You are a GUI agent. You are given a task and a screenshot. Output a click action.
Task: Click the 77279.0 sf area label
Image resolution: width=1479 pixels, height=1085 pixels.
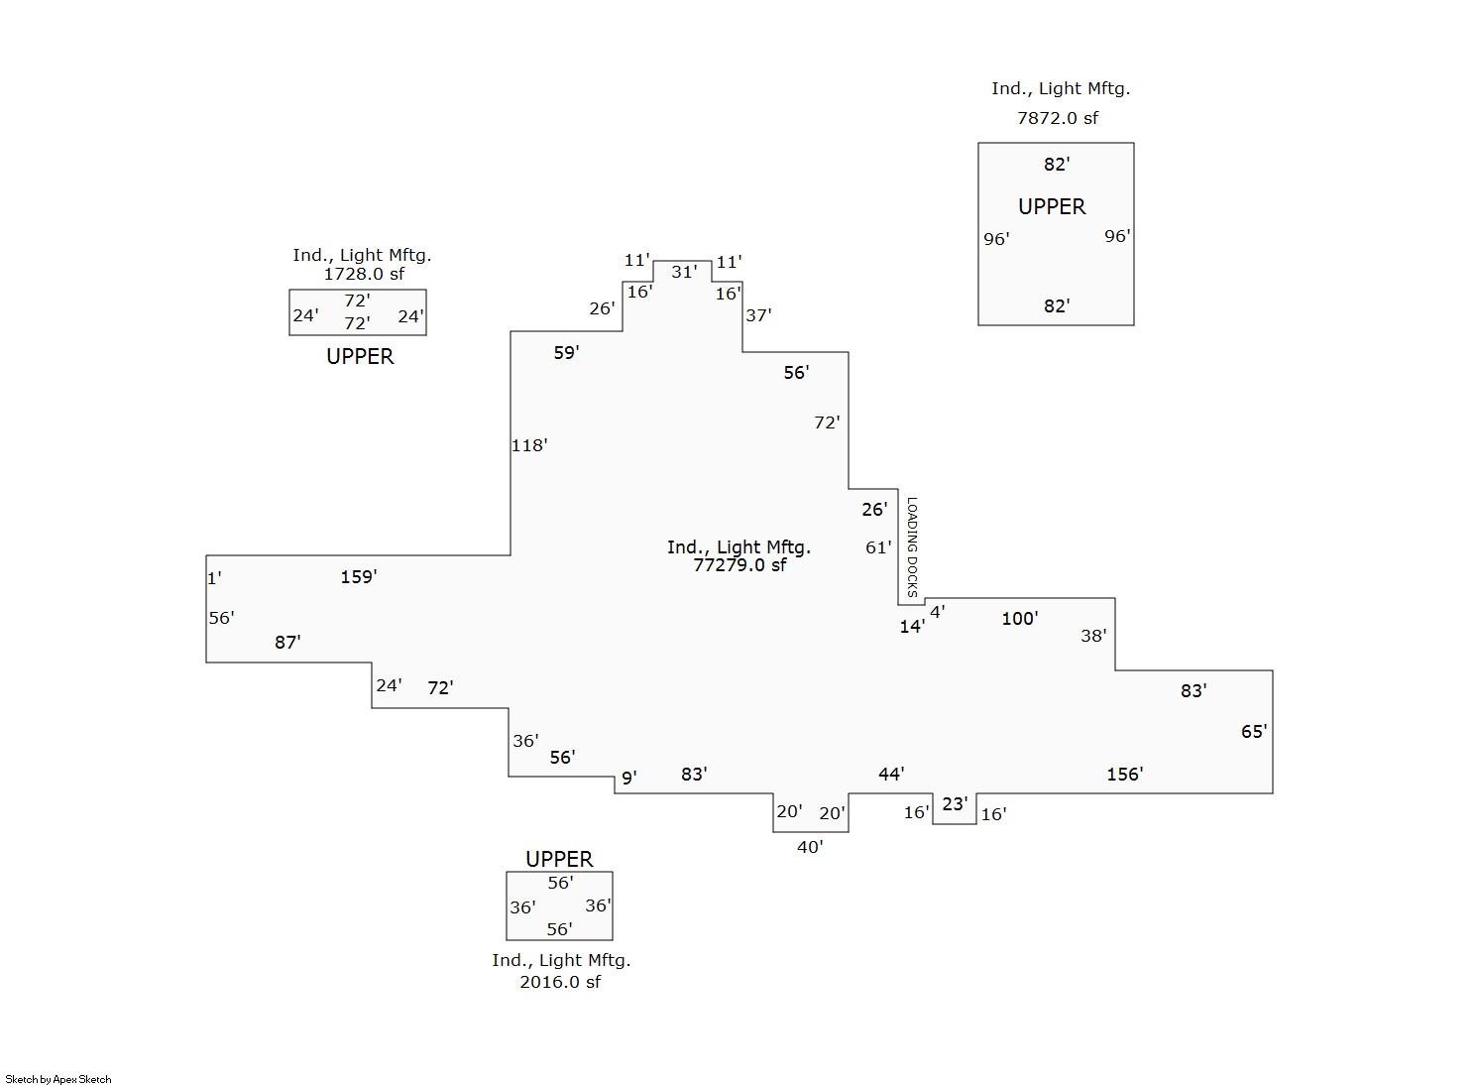(739, 565)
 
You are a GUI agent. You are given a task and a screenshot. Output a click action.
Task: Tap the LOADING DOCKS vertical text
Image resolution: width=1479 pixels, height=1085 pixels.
(912, 546)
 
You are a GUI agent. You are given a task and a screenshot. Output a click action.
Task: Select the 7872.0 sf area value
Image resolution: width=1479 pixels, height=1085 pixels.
(1058, 118)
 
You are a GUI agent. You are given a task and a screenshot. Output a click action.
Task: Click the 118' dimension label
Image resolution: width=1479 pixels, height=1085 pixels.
(529, 445)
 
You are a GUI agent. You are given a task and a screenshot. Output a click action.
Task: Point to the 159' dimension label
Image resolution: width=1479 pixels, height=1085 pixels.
(359, 576)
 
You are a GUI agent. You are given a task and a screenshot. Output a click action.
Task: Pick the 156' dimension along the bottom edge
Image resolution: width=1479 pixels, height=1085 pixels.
(1125, 774)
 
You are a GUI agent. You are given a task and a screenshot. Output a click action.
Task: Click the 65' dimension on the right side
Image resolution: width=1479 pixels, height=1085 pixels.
(1254, 731)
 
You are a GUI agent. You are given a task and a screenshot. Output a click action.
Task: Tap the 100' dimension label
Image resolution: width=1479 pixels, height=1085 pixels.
(1020, 618)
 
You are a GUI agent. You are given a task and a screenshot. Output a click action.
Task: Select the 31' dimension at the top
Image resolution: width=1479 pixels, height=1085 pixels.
(684, 272)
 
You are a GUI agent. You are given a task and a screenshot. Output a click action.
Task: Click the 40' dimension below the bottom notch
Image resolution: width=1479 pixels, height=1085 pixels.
(810, 847)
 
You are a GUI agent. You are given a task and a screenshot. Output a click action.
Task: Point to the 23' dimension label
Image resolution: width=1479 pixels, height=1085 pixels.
(955, 803)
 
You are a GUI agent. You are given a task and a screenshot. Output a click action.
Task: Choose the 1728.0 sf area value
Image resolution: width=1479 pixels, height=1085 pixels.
(364, 274)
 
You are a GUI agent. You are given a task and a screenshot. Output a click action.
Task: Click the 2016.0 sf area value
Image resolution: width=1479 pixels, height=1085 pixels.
(560, 982)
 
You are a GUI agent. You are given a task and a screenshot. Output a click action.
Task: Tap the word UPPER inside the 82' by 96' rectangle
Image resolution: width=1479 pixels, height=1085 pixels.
(1052, 206)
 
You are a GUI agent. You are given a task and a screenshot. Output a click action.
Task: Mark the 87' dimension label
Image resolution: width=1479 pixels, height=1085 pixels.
(287, 642)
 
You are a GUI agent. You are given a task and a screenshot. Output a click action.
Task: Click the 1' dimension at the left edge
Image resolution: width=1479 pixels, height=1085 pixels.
(214, 577)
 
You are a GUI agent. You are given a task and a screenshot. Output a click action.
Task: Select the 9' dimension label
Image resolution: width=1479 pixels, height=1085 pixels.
(628, 778)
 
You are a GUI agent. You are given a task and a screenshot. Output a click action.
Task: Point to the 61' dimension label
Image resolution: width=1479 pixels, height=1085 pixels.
(878, 547)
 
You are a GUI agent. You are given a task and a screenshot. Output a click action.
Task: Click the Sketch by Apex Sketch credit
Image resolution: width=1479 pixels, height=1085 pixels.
(58, 1079)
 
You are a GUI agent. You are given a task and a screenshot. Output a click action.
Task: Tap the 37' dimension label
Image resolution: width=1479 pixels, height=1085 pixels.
(758, 315)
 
